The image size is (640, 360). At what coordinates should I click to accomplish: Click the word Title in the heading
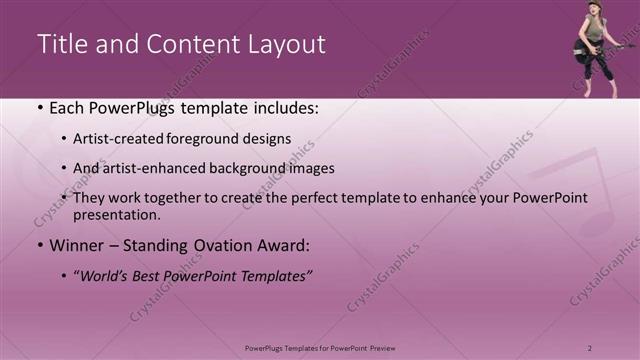pyautogui.click(x=61, y=44)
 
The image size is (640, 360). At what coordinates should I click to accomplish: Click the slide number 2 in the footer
pyautogui.click(x=589, y=348)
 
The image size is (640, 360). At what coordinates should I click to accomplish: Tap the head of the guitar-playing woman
pyautogui.click(x=594, y=9)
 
